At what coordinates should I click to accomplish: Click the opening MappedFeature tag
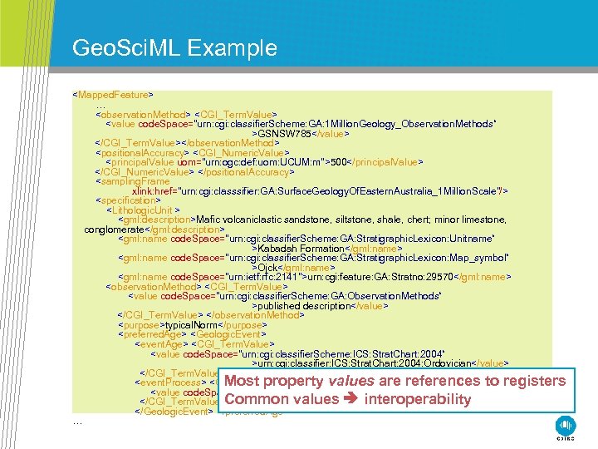112,95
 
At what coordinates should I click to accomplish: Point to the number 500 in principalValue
338,162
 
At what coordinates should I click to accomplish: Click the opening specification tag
128,200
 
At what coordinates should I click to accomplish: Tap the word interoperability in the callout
418,399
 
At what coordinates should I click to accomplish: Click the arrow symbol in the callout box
350,399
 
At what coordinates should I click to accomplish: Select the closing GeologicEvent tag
176,410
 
